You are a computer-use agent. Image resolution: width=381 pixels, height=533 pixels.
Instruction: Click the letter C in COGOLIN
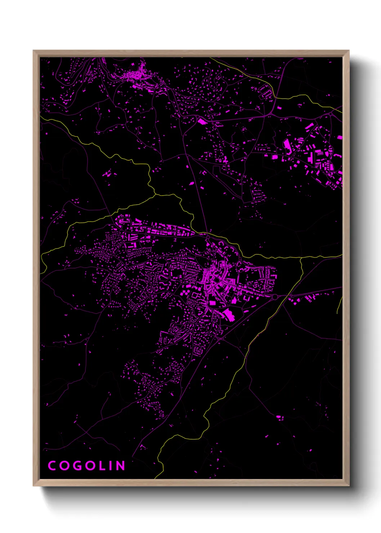coord(52,466)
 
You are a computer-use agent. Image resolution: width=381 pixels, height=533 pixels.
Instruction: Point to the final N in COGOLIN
coord(120,466)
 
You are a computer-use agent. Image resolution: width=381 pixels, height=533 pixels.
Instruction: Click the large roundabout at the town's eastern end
coord(275,297)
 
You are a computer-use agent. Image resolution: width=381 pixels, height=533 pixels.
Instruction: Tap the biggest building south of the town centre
coord(228,314)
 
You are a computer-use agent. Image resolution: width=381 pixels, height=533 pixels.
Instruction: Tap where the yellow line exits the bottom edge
coord(156,478)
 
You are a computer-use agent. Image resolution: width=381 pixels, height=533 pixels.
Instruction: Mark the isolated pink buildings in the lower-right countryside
coord(279,417)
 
